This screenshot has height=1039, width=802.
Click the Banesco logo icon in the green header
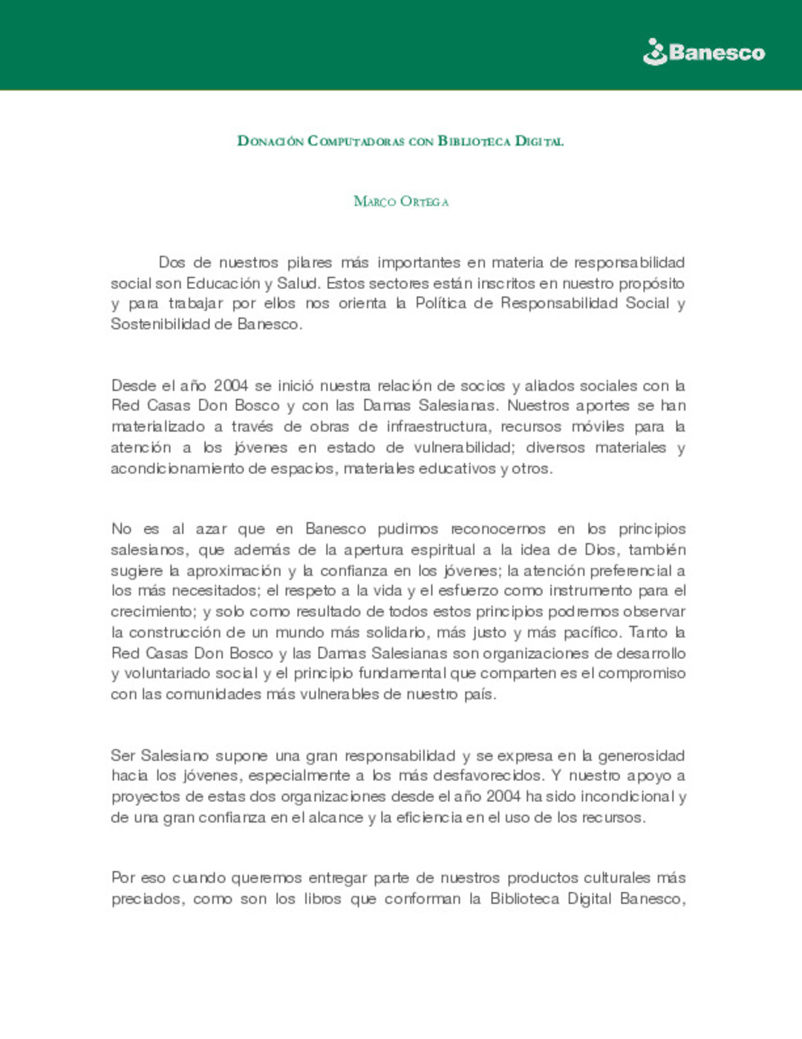point(655,52)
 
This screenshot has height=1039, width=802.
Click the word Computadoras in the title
point(356,141)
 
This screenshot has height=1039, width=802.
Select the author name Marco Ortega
point(401,201)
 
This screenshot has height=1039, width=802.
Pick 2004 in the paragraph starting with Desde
point(230,386)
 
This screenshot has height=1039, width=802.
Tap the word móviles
point(598,427)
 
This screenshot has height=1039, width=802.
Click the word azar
point(211,529)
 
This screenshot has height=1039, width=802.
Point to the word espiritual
point(443,550)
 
